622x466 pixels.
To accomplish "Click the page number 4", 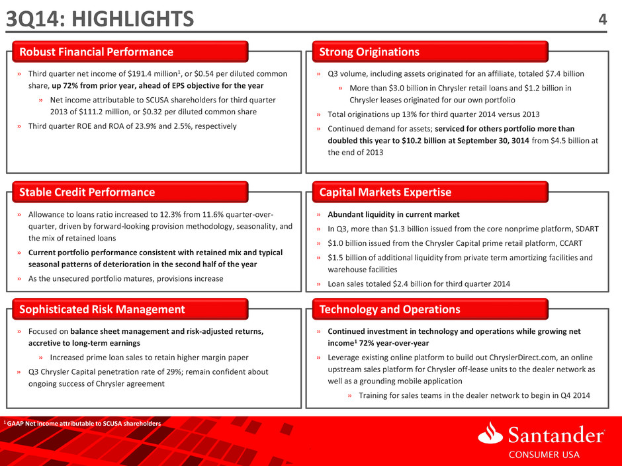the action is coord(602,19).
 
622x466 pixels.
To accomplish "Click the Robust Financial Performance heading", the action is coord(97,52).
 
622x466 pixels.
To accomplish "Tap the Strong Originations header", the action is coord(369,52).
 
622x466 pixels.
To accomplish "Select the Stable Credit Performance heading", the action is coord(87,192).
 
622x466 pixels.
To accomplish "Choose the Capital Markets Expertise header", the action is coord(385,192).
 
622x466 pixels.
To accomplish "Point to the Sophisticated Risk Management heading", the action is coord(102,309).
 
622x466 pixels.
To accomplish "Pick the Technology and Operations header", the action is coord(390,309).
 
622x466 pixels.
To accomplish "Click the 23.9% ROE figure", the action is coord(146,126).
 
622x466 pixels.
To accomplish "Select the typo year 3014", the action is coord(520,141).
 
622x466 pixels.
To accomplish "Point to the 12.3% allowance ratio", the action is coord(171,215).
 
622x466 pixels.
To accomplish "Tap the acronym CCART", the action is coord(571,243).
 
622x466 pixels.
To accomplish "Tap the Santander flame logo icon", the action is coord(490,433).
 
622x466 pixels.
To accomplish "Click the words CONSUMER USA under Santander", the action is coord(544,455).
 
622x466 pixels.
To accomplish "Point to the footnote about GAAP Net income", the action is coord(82,424).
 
